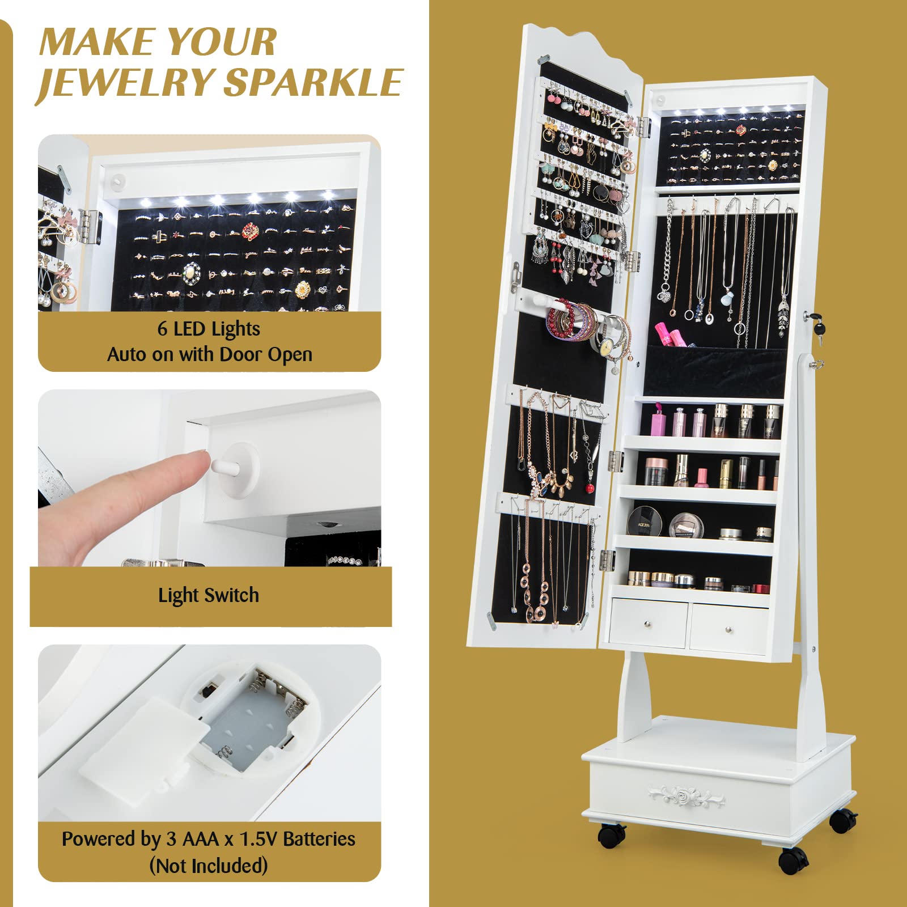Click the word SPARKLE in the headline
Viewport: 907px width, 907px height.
click(x=313, y=83)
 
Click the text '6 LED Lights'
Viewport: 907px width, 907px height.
click(x=209, y=329)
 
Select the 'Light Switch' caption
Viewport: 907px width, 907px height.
click(x=209, y=595)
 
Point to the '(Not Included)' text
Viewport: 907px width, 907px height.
click(x=209, y=866)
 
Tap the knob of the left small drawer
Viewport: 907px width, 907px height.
click(x=647, y=624)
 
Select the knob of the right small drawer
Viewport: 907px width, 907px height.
click(x=728, y=629)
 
